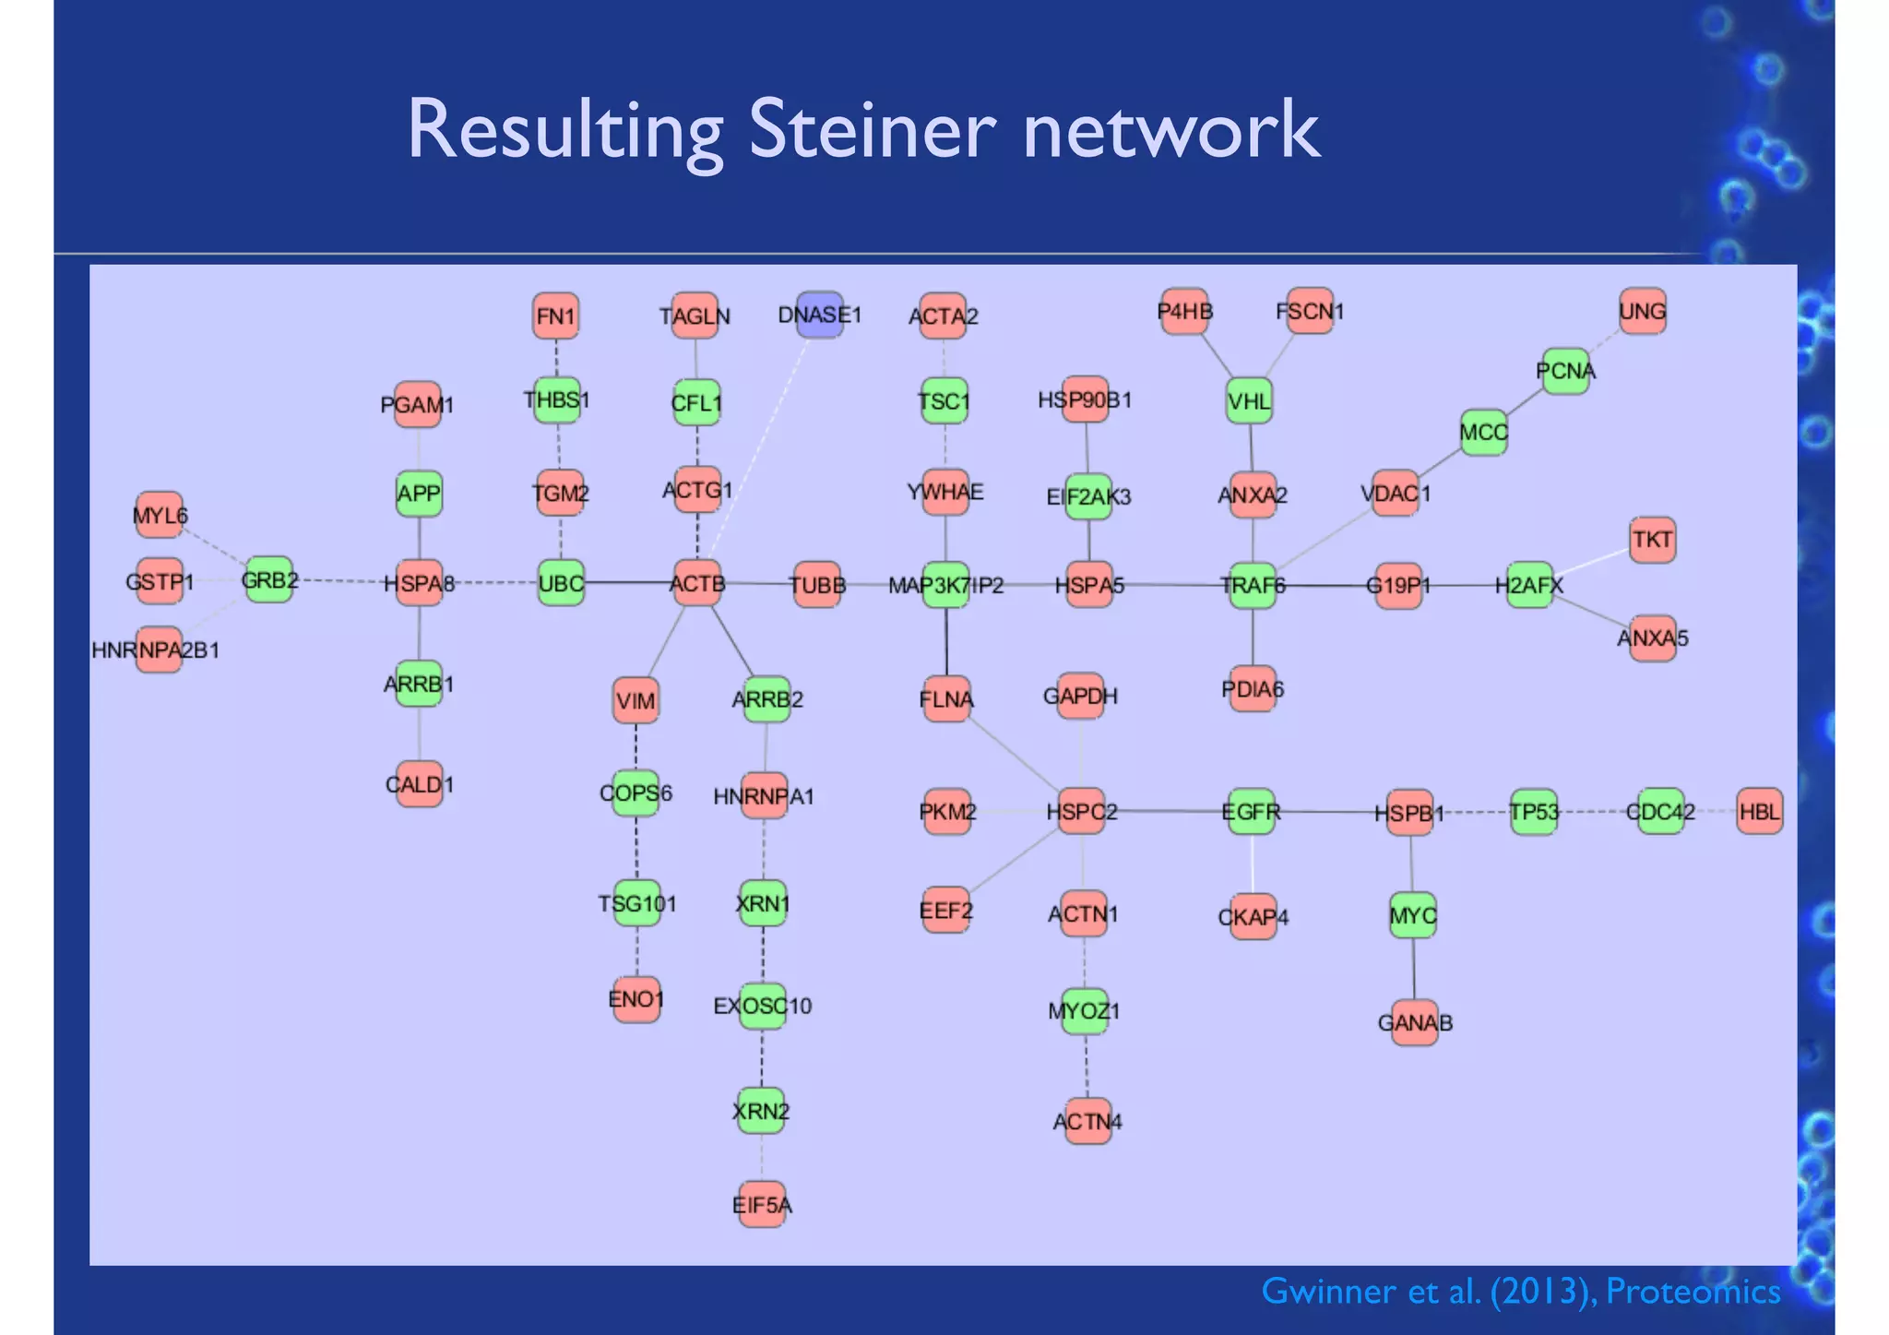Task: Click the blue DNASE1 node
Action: click(x=819, y=316)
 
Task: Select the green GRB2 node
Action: click(x=269, y=580)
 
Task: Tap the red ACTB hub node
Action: click(x=697, y=583)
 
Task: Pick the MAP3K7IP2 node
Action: click(x=945, y=585)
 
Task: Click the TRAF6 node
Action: click(x=1253, y=585)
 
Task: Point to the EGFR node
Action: click(x=1252, y=812)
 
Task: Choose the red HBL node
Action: click(x=1759, y=812)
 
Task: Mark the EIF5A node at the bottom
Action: click(x=762, y=1205)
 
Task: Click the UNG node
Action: click(x=1643, y=312)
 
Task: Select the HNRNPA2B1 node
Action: click(x=158, y=650)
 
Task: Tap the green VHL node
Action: click(x=1250, y=401)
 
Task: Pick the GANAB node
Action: click(x=1415, y=1022)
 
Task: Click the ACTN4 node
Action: click(x=1087, y=1121)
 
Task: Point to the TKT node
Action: click(x=1652, y=540)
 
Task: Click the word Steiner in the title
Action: click(x=872, y=129)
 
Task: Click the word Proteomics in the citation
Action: click(x=1693, y=1292)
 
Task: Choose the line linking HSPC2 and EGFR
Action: click(x=1167, y=812)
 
